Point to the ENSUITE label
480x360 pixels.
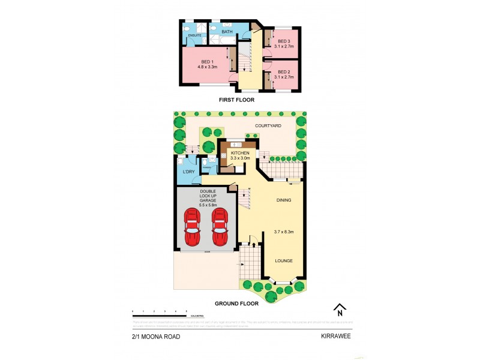[194, 36]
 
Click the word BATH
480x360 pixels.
[227, 31]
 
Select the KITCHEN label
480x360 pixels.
[240, 153]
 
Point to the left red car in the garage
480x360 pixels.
[192, 227]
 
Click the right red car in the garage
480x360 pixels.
[220, 227]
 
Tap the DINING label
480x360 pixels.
[285, 200]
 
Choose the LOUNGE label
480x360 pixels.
[284, 261]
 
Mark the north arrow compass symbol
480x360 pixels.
[340, 310]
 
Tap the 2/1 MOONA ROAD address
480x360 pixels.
[155, 337]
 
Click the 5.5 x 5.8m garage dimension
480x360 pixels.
[203, 205]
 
